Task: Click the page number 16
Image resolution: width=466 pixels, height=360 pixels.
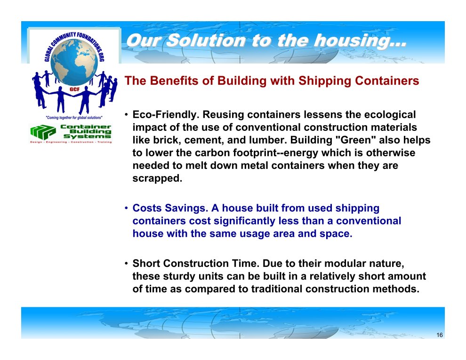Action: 440,335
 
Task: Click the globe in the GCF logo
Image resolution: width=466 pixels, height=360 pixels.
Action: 74,62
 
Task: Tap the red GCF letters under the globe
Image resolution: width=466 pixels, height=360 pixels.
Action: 74,89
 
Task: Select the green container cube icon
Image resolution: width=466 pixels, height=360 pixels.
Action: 43,132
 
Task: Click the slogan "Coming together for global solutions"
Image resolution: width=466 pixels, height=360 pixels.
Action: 74,118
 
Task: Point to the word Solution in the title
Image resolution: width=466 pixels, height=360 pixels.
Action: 206,40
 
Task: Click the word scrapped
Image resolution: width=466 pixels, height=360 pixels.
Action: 157,178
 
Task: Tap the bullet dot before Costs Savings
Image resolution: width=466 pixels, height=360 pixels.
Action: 126,208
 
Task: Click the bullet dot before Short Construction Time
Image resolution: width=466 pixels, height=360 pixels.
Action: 126,263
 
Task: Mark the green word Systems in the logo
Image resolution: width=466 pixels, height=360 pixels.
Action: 88,136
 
